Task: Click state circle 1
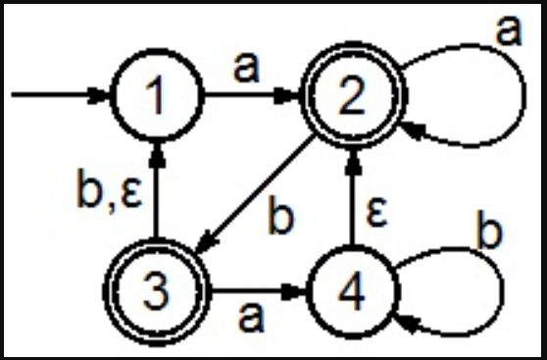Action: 157,96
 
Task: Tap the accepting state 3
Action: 157,290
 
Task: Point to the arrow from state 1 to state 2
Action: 254,96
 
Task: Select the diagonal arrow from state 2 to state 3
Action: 257,191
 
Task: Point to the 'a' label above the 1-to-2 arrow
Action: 246,68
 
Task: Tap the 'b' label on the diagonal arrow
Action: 282,218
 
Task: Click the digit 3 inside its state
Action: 157,290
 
